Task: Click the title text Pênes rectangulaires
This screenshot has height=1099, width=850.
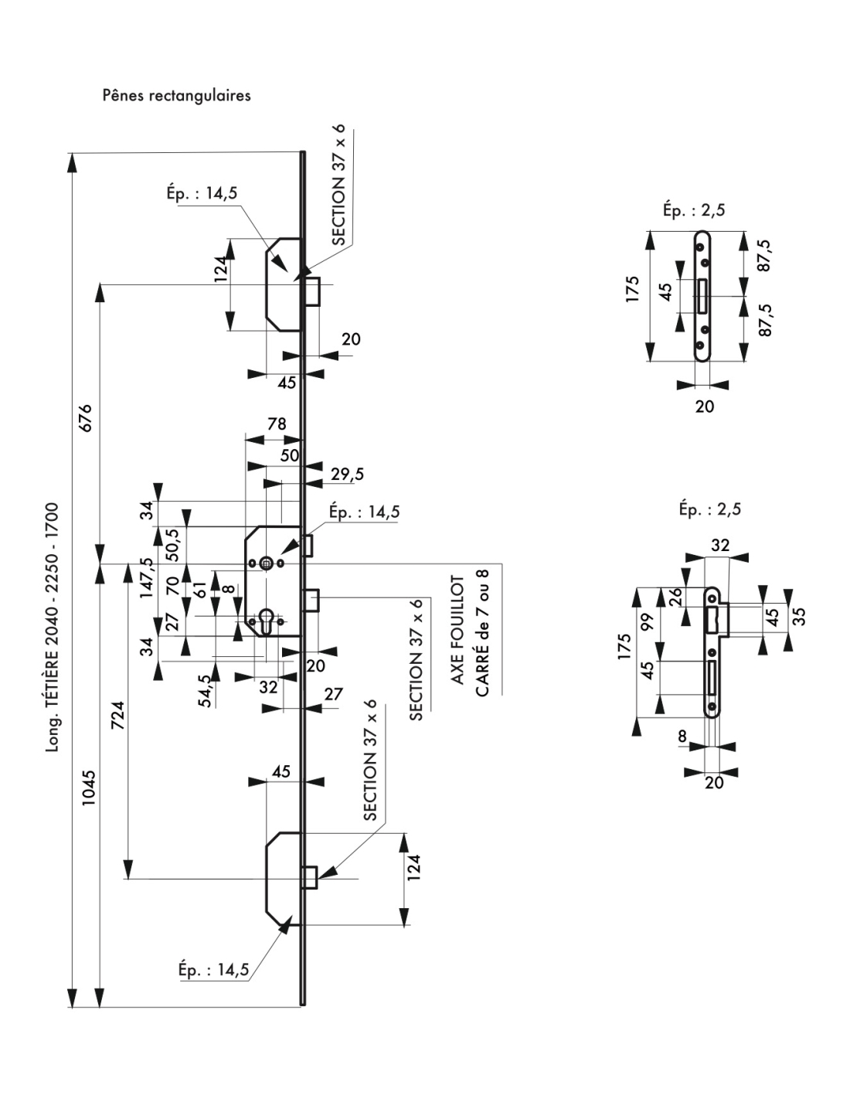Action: (176, 97)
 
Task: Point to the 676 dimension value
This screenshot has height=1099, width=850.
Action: (84, 418)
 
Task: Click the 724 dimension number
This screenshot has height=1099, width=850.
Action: (119, 715)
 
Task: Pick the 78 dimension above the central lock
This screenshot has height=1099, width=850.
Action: (276, 424)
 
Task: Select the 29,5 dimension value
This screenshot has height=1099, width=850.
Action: (348, 475)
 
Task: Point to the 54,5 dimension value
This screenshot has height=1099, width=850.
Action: (204, 689)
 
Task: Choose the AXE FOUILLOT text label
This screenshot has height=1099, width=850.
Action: (457, 630)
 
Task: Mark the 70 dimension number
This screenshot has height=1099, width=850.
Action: (172, 585)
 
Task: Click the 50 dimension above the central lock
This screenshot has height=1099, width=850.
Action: (289, 456)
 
